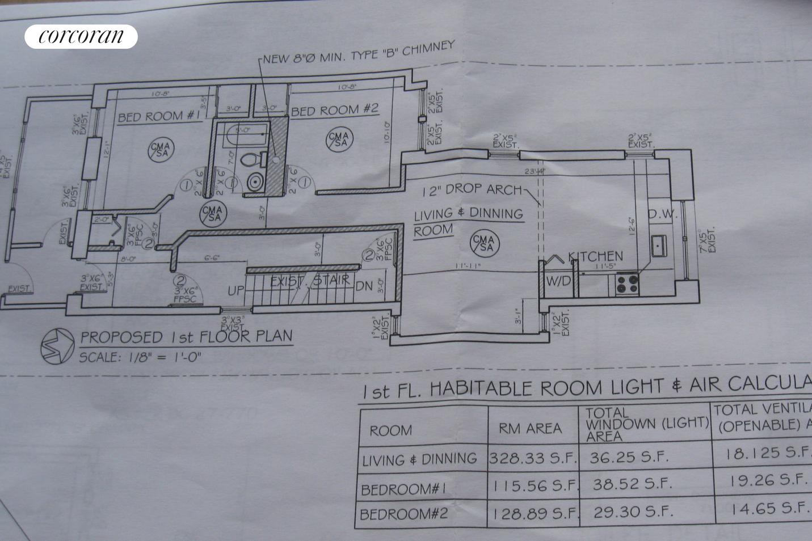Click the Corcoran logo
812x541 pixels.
(x=81, y=36)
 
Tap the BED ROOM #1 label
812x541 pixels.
(x=159, y=116)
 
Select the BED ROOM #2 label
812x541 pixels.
(x=334, y=109)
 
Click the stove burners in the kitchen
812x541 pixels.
(x=627, y=283)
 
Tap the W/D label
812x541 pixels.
(x=557, y=281)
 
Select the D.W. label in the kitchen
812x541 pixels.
(x=660, y=214)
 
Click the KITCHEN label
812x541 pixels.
(x=595, y=257)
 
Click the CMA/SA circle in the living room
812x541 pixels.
(x=486, y=242)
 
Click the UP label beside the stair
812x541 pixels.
(x=235, y=291)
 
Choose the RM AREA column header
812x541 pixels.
(x=530, y=428)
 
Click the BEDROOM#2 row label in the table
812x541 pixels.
(x=403, y=514)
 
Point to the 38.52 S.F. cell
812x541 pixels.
(x=632, y=484)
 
